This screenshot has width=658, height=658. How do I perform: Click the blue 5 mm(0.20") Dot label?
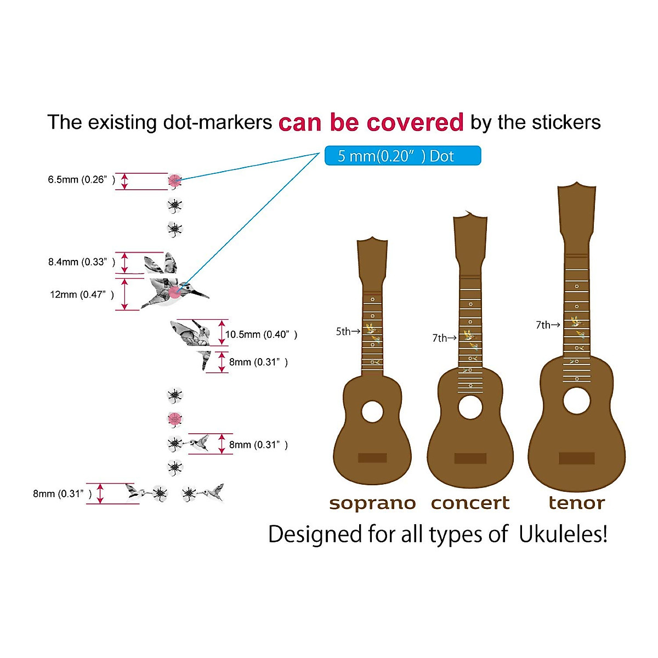pos(402,156)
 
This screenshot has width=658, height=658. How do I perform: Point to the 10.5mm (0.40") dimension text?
pos(261,334)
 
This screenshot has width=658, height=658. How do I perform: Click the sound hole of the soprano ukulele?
pos(372,411)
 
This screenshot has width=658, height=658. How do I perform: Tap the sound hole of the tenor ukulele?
pos(576,401)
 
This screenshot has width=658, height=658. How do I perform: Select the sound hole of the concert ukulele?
pos(470,407)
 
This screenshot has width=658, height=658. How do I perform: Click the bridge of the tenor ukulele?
pos(576,458)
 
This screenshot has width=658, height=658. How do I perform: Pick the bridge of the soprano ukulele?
pos(372,458)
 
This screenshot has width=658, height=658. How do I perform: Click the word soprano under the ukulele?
pos(372,503)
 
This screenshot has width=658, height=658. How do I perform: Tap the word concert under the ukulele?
pos(470,503)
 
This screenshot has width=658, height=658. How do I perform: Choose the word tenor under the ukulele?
pos(576,503)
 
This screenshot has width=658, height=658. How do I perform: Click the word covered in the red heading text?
pos(415,122)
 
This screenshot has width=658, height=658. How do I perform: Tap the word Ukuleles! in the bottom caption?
pos(563,534)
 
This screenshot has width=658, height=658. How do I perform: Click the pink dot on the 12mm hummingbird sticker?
pos(174,292)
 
